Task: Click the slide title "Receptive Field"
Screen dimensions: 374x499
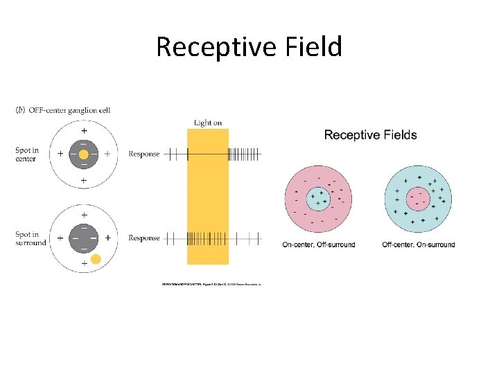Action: pyautogui.click(x=249, y=47)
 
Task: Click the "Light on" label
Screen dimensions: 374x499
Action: pyautogui.click(x=208, y=123)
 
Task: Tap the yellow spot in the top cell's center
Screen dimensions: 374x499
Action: pyautogui.click(x=84, y=154)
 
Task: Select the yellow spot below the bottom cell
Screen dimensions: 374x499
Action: pyautogui.click(x=96, y=259)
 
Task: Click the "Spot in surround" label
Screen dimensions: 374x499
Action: pyautogui.click(x=30, y=238)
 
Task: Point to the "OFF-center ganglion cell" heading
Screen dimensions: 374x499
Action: pyautogui.click(x=68, y=110)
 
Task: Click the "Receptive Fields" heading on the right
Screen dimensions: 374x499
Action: pyautogui.click(x=370, y=134)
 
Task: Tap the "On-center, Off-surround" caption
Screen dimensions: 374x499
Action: pyautogui.click(x=319, y=244)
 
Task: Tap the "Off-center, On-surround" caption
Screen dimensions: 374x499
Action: pyautogui.click(x=419, y=244)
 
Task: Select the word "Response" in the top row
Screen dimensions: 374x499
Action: pyautogui.click(x=144, y=154)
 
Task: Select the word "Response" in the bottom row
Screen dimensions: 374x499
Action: pyautogui.click(x=144, y=238)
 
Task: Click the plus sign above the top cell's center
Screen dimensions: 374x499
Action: pyautogui.click(x=84, y=130)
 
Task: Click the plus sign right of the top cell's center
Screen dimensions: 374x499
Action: pyautogui.click(x=107, y=154)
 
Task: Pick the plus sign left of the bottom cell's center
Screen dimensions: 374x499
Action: pyautogui.click(x=60, y=238)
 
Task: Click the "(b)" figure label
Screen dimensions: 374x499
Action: pyautogui.click(x=19, y=110)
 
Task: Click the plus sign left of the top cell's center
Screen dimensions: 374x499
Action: pyautogui.click(x=60, y=154)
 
